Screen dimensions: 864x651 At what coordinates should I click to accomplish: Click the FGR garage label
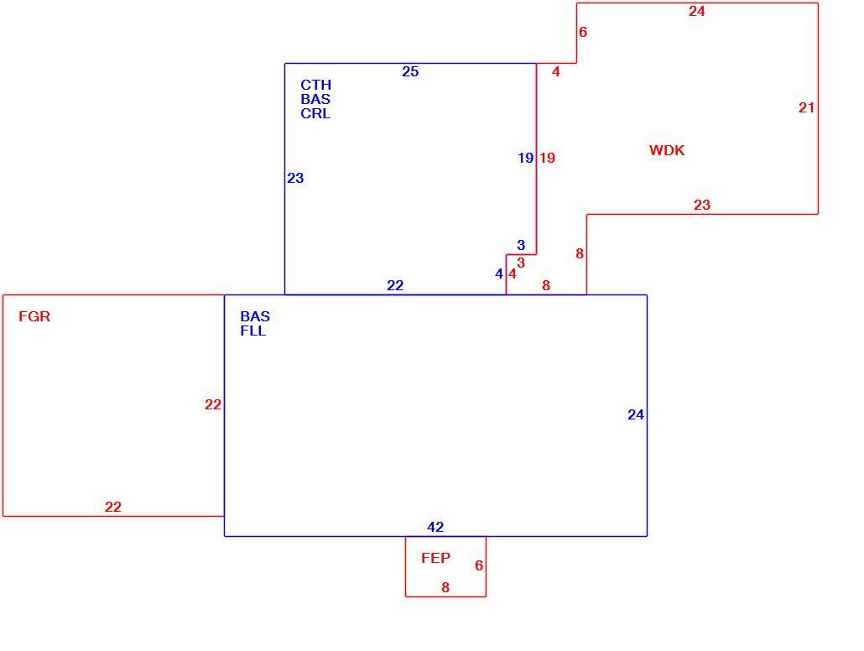point(34,316)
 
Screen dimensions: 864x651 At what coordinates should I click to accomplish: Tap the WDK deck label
point(667,150)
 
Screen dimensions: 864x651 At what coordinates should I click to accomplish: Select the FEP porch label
point(435,558)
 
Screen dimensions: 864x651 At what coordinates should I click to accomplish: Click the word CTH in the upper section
point(315,85)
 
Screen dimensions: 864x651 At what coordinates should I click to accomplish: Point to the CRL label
point(315,113)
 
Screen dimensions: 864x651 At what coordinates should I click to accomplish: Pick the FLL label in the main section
point(253,331)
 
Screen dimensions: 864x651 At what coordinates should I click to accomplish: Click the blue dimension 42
point(435,527)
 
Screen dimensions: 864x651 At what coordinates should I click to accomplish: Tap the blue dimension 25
point(410,71)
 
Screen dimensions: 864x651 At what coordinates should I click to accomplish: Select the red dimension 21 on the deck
point(806,107)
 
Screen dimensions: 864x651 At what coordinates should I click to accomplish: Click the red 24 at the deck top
point(696,11)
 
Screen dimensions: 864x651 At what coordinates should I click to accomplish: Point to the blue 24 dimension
point(635,414)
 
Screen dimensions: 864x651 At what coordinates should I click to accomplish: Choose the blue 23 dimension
point(295,178)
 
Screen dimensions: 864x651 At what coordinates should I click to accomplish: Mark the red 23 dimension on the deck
point(701,205)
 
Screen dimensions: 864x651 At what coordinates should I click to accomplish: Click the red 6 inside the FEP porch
point(479,565)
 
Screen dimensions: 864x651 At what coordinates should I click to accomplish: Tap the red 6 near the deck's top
point(583,32)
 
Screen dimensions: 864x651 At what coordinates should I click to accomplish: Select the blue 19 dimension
point(526,159)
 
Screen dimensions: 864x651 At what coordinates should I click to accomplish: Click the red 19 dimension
point(547,159)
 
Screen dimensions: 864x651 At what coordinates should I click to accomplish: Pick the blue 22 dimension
point(395,285)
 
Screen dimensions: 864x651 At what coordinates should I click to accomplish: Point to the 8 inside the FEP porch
point(445,587)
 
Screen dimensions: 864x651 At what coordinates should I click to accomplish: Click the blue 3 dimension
point(521,245)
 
